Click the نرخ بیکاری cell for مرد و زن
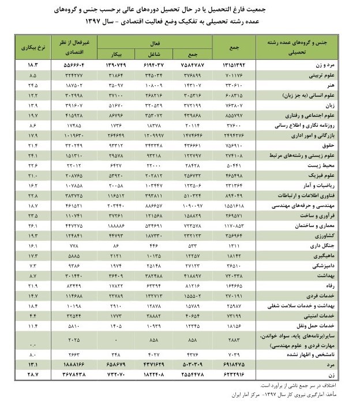[x=32, y=66]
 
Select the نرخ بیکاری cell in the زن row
[x=32, y=375]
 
